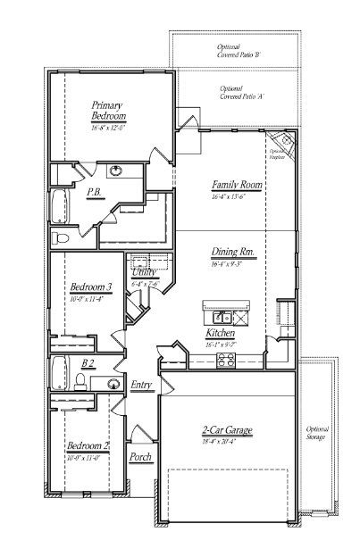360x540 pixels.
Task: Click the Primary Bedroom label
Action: tap(108, 111)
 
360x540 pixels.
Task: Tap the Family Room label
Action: tap(229, 186)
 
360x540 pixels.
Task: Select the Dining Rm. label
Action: tap(234, 253)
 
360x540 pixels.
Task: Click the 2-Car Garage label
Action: tap(227, 431)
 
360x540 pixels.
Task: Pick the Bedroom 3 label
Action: tap(90, 287)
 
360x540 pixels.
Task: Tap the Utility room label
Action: tap(144, 271)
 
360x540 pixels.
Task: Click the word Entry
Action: tap(141, 385)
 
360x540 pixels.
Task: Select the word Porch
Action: tap(140, 457)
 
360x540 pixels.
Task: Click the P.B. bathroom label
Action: tap(92, 192)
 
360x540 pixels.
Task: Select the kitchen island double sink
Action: tap(221, 317)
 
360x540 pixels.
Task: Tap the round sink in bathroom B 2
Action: tap(113, 384)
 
